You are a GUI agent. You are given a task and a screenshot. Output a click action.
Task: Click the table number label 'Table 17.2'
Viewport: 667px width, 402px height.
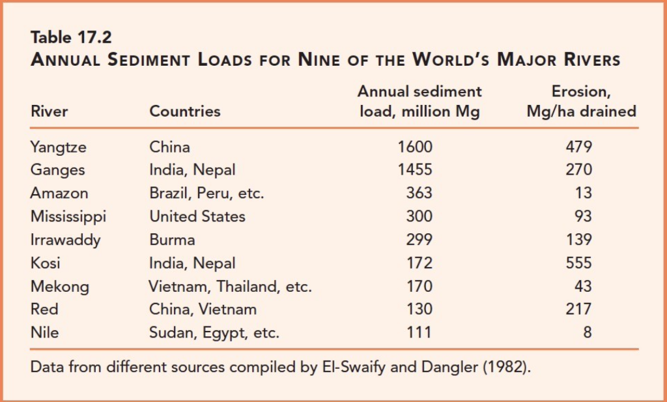[x=71, y=37]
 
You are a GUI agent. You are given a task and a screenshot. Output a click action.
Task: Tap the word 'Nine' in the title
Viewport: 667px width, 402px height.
[x=319, y=59]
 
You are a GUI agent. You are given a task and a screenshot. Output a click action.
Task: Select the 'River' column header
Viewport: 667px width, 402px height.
[x=49, y=111]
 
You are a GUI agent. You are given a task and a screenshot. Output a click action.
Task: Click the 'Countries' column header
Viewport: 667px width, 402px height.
[x=185, y=111]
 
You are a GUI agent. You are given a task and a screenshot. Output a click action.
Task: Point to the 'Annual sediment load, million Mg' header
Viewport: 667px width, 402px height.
[x=419, y=101]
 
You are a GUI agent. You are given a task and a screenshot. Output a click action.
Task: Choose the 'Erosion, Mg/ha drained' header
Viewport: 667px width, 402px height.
[x=582, y=101]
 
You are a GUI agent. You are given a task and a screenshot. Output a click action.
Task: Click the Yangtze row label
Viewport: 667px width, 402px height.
[x=58, y=148]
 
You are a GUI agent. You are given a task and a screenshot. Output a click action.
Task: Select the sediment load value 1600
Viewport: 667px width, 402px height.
[x=415, y=147]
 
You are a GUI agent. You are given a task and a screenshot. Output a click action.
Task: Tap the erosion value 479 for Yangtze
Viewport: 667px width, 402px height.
[x=579, y=147]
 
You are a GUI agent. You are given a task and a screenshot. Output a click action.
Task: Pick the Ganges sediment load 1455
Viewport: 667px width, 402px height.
[x=415, y=170]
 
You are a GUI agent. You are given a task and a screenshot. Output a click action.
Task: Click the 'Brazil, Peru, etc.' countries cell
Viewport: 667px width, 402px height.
[x=206, y=193]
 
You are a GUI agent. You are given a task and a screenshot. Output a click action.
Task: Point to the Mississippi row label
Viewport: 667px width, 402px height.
[x=68, y=217]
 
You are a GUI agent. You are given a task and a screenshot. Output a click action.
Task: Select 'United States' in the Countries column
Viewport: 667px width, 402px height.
[x=197, y=216]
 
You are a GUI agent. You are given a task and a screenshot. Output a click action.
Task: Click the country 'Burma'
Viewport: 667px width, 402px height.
[x=172, y=240]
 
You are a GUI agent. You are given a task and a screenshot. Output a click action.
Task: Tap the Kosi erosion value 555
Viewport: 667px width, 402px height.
[x=579, y=263]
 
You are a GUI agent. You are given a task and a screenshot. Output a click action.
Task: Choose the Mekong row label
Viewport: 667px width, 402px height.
[x=59, y=287]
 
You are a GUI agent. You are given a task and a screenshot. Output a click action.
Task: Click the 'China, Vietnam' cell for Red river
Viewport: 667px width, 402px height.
[x=203, y=309]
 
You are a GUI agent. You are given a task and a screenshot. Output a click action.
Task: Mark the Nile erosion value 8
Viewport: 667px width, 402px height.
[x=588, y=332]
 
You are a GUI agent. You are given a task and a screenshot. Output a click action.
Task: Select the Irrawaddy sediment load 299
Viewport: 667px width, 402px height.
[x=419, y=240]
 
